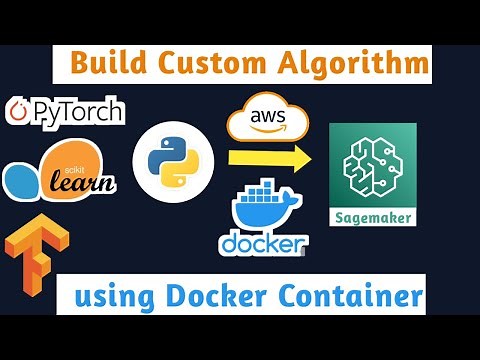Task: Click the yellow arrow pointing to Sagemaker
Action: (266, 158)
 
